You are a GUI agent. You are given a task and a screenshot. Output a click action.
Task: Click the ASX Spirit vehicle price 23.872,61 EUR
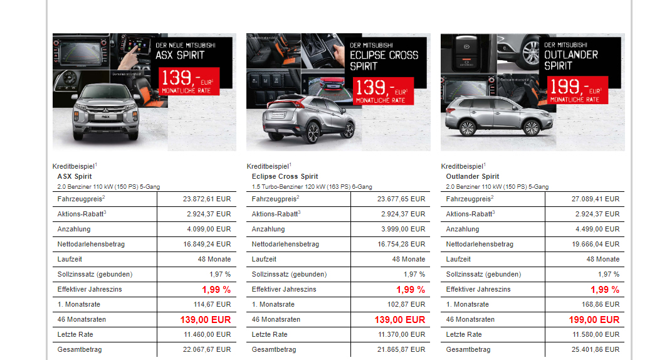click(x=207, y=199)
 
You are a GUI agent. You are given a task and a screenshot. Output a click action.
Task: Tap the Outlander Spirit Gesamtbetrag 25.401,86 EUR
click(x=595, y=349)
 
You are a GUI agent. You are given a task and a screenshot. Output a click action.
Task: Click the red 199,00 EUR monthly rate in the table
click(x=594, y=320)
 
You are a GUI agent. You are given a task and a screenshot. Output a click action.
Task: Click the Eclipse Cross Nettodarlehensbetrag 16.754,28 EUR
click(x=401, y=244)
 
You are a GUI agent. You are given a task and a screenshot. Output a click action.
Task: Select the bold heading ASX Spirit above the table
click(x=75, y=177)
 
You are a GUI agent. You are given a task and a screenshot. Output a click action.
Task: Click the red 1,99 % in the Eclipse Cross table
click(x=410, y=290)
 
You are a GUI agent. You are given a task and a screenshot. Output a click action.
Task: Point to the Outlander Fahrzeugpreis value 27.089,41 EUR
click(x=595, y=199)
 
